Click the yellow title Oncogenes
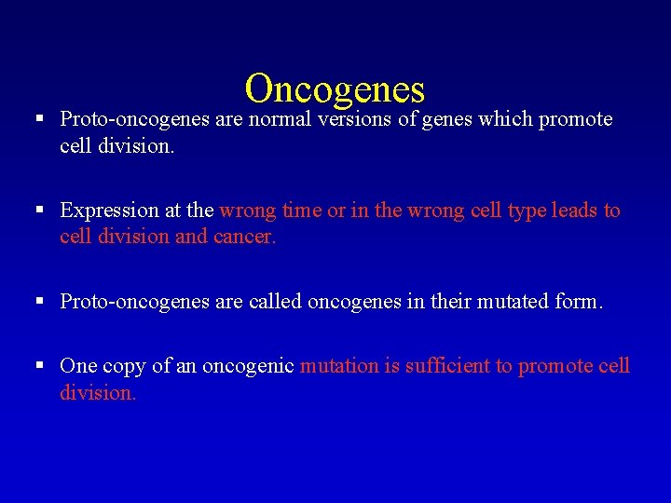click(x=335, y=88)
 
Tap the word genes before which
click(x=444, y=119)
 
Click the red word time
click(x=301, y=211)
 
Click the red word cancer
click(x=245, y=237)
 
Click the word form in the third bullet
click(x=580, y=302)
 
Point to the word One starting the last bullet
click(x=77, y=366)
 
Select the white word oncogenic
click(x=249, y=367)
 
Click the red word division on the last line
click(x=98, y=392)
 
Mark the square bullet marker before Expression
click(x=39, y=211)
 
